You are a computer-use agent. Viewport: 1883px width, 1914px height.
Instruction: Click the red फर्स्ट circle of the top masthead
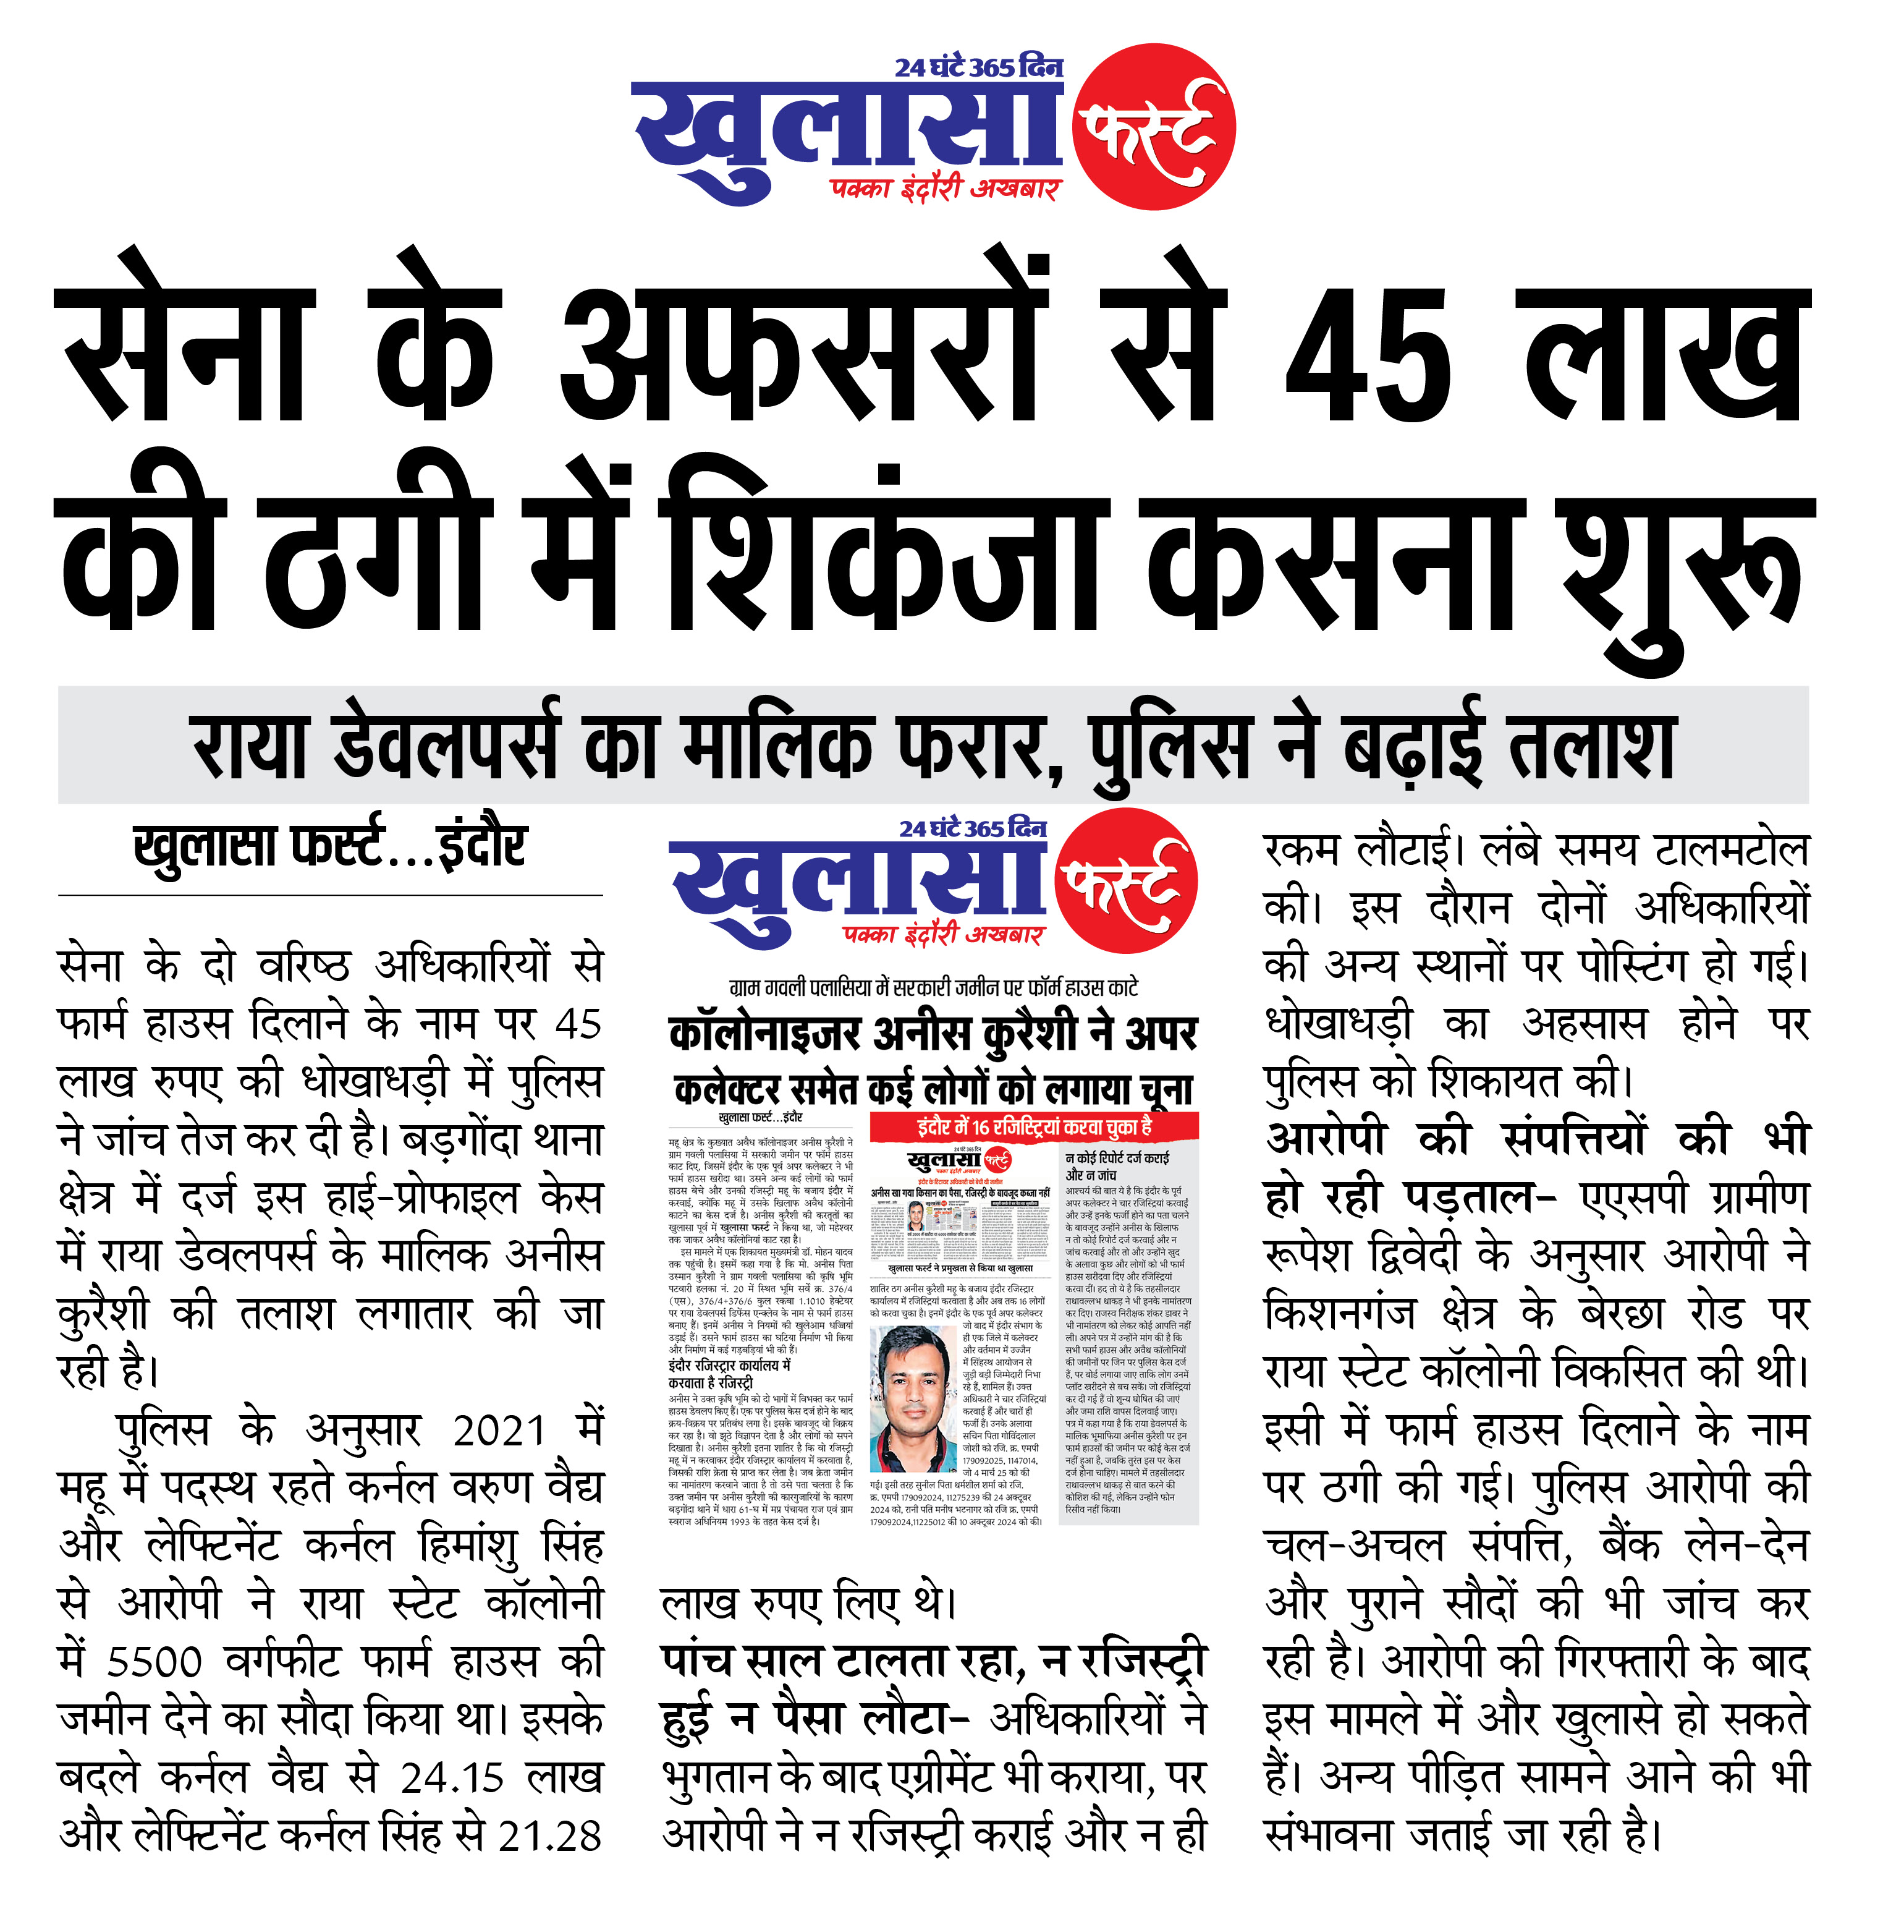click(1155, 130)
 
